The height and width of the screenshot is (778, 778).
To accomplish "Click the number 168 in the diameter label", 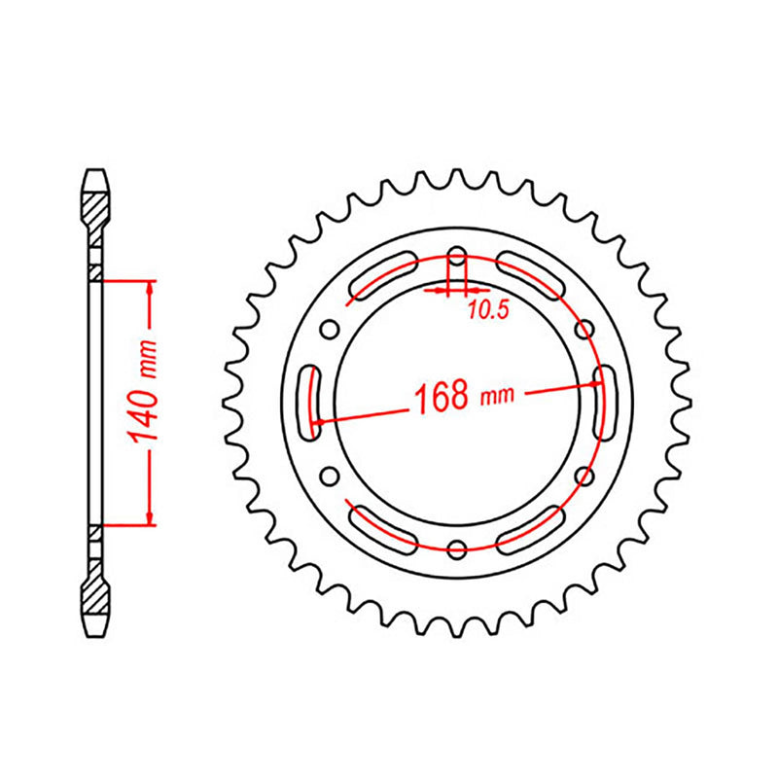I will pyautogui.click(x=443, y=398).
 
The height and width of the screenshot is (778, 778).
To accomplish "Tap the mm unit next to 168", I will pyautogui.click(x=497, y=394).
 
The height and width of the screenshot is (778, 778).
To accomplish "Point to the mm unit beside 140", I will pyautogui.click(x=147, y=363).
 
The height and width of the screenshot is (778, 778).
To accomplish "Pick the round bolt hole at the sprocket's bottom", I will pyautogui.click(x=457, y=550).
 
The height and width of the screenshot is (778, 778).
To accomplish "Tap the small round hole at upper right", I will pyautogui.click(x=583, y=328).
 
